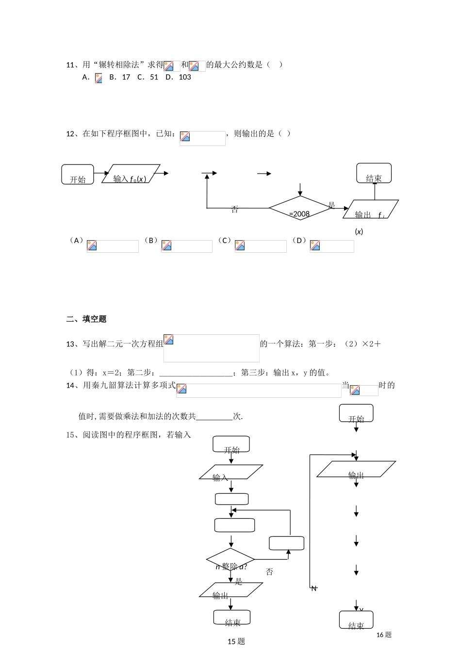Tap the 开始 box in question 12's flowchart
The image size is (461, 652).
[x=78, y=175]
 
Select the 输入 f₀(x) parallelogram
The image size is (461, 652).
[x=131, y=174]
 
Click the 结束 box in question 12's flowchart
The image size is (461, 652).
[x=374, y=174]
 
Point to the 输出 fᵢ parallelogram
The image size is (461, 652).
[x=370, y=210]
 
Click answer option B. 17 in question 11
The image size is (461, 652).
[x=120, y=77]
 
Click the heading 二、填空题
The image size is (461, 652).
[x=86, y=319]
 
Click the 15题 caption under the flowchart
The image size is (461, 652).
[x=236, y=642]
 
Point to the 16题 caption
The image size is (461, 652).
[x=384, y=635]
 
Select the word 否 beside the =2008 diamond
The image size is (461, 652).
[x=235, y=210]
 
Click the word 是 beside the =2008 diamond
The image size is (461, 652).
[x=331, y=205]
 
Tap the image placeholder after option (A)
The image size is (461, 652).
[x=113, y=246]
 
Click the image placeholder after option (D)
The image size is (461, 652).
[x=331, y=246]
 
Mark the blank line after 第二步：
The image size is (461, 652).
[x=196, y=373]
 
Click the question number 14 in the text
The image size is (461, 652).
[x=70, y=386]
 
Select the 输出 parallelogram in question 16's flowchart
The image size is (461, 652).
[x=356, y=470]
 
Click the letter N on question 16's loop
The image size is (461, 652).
[x=314, y=588]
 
